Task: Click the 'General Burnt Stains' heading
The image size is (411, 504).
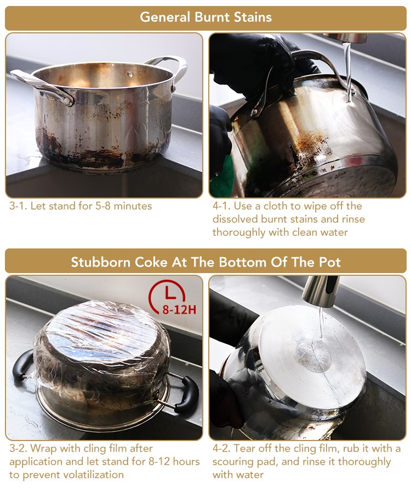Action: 206,17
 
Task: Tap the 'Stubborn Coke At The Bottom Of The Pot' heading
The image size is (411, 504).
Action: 206,262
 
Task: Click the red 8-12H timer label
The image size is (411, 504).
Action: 179,310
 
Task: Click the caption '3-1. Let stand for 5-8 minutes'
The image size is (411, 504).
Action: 81,206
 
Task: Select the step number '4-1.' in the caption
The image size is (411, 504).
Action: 221,206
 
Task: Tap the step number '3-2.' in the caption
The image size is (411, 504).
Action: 18,448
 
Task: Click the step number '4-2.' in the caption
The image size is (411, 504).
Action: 221,448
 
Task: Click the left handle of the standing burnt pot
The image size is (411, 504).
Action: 42,87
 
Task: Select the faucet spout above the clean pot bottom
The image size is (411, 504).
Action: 321,291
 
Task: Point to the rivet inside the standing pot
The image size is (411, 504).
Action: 130,74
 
